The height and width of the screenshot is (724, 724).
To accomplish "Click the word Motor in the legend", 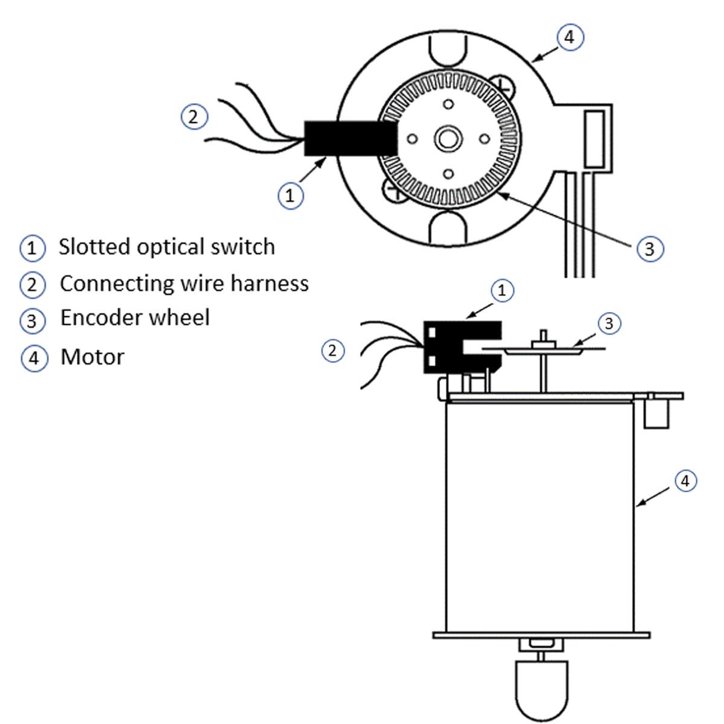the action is pyautogui.click(x=92, y=357).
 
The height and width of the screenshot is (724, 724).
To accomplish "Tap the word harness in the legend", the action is pyautogui.click(x=269, y=283).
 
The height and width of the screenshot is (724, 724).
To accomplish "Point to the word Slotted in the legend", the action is pyautogui.click(x=94, y=247).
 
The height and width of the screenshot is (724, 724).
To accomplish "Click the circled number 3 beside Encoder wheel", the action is pyautogui.click(x=33, y=320).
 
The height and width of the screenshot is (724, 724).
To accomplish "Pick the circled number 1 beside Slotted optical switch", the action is pyautogui.click(x=33, y=248).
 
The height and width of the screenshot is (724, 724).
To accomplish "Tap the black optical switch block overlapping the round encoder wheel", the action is pyautogui.click(x=350, y=138).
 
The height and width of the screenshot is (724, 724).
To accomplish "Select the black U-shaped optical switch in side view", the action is pyautogui.click(x=462, y=347).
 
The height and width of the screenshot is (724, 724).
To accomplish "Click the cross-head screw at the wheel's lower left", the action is pyautogui.click(x=393, y=188).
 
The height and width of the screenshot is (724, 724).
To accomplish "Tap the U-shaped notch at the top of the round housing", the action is pyautogui.click(x=447, y=49).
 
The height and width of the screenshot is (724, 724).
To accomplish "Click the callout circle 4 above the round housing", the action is pyautogui.click(x=570, y=37).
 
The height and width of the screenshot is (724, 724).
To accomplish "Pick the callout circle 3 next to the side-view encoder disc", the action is pyautogui.click(x=609, y=323).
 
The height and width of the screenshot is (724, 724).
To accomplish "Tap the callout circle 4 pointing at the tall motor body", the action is pyautogui.click(x=685, y=481).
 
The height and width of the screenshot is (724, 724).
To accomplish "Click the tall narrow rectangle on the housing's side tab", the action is pyautogui.click(x=594, y=139).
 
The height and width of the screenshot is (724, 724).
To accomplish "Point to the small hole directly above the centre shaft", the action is pyautogui.click(x=448, y=104).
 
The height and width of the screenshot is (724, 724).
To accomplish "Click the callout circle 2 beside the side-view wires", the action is pyautogui.click(x=332, y=351).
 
